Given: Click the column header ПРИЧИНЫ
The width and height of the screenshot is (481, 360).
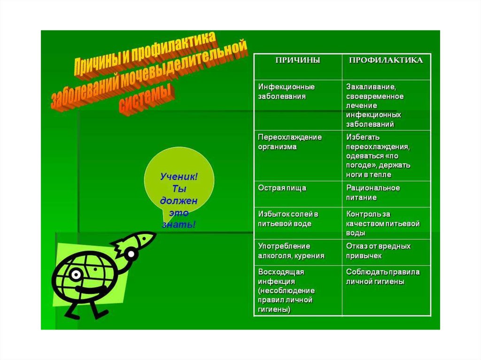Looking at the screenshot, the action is coord(297,61).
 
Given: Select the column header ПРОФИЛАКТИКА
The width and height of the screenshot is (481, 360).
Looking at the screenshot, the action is coord(385,61).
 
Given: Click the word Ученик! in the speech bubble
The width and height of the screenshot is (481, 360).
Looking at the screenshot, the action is coord(179,176).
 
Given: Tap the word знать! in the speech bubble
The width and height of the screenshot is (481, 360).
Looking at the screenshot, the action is coord(178,225).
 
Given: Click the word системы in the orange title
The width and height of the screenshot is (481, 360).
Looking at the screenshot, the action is coord(146,99).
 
